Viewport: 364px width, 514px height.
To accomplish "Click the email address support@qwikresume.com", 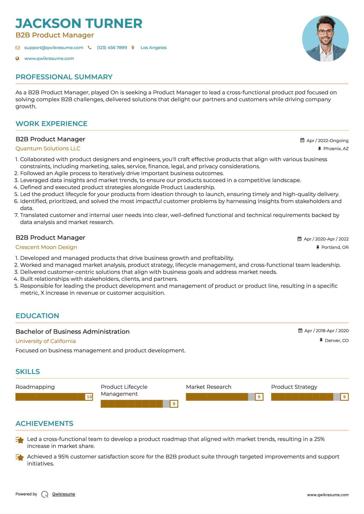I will click(54, 48).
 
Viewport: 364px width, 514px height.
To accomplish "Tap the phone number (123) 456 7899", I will click(112, 48).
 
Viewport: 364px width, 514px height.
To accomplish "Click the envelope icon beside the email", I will click(18, 48).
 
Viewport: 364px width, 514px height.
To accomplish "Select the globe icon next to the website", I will click(17, 58).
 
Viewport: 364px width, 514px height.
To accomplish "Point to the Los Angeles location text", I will click(153, 48).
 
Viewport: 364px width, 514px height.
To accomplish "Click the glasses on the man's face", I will click(325, 32).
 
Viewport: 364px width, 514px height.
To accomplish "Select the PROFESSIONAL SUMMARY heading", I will click(64, 77).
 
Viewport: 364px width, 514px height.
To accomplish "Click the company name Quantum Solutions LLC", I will click(48, 149).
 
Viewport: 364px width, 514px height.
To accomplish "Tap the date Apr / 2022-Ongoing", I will click(327, 141).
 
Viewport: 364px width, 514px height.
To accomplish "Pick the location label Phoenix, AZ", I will click(336, 149).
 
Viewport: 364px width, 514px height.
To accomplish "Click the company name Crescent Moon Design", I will click(46, 247).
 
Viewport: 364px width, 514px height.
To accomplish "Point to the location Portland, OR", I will click(335, 247).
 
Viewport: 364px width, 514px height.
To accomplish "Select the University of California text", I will click(46, 341).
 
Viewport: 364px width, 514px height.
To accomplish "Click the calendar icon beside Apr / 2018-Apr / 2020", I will click(300, 331).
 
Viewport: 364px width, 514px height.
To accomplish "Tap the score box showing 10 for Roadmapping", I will click(89, 397).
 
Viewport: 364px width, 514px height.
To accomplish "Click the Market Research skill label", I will click(209, 387).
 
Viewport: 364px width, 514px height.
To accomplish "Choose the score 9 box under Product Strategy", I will click(344, 397).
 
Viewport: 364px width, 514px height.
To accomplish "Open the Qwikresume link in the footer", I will click(64, 494).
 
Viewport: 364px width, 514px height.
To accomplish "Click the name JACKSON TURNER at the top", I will click(79, 24).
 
